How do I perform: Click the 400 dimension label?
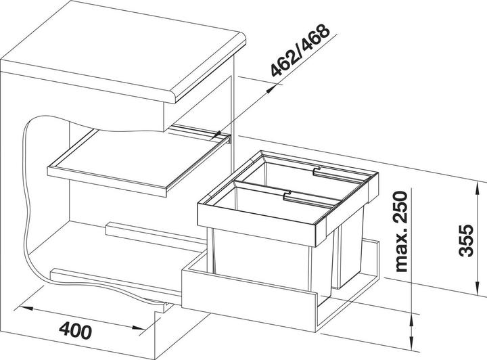click(x=76, y=330)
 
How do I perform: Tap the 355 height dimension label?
click(x=466, y=240)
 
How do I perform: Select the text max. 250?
click(x=400, y=231)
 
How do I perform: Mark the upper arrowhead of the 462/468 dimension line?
click(x=271, y=89)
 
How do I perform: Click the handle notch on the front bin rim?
click(x=287, y=196)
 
